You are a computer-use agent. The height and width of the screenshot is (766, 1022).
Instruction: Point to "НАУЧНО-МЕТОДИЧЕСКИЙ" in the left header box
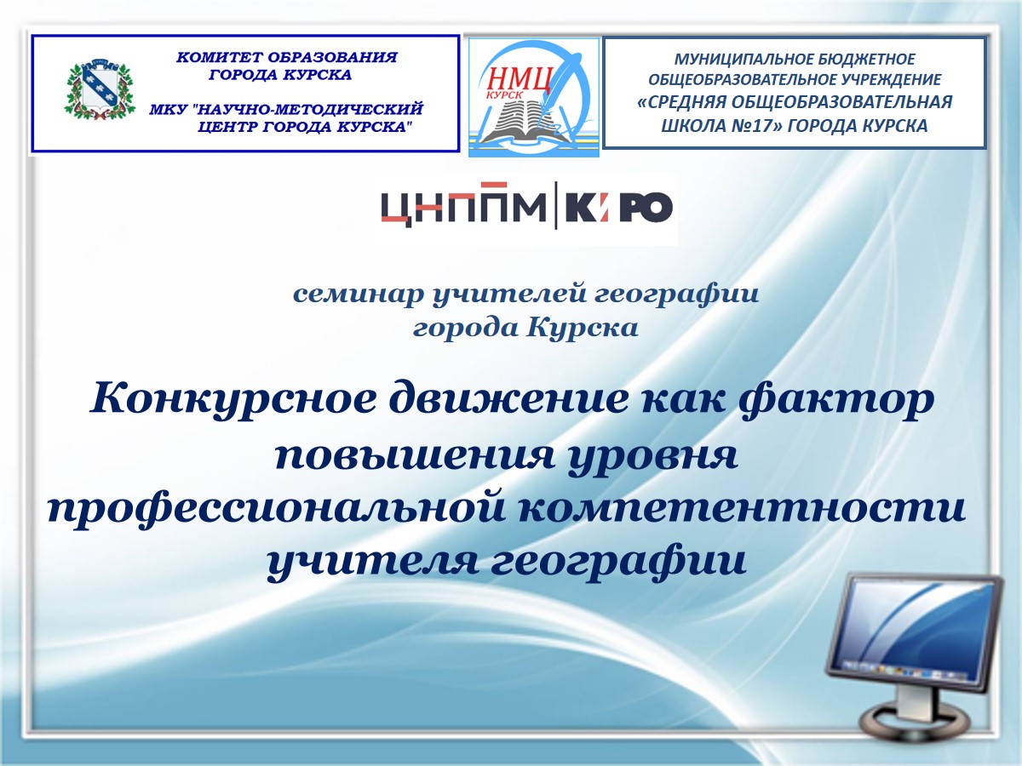[x=307, y=109]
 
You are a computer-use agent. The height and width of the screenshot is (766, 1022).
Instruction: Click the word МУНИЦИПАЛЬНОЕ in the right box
[x=739, y=60]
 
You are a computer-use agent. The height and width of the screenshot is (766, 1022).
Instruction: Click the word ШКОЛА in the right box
[x=686, y=126]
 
